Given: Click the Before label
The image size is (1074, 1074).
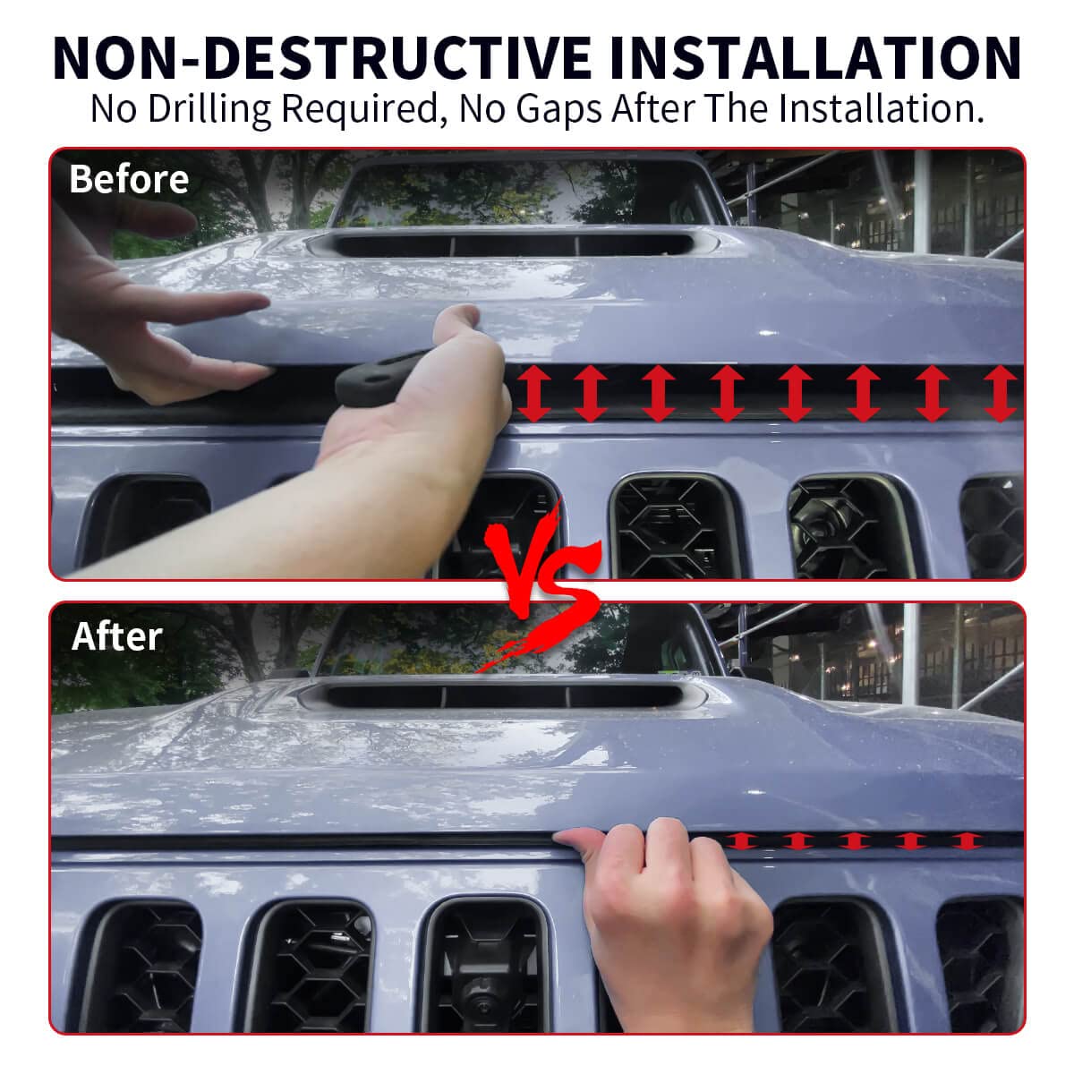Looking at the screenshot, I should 129,179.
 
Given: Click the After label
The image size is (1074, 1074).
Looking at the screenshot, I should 116,636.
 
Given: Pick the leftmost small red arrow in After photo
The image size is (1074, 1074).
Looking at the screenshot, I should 739,840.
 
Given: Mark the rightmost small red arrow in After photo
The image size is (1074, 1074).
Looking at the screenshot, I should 964,840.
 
